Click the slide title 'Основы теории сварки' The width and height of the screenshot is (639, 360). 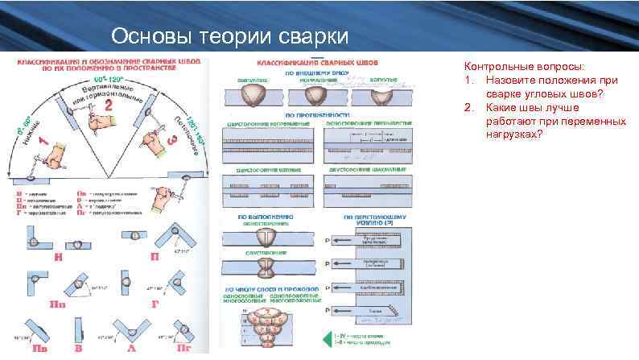[x=229, y=37]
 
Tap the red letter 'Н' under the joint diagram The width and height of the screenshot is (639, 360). [x=59, y=258]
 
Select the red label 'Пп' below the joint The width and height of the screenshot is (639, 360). [x=59, y=306]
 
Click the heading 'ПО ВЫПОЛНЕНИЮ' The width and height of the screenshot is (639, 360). [x=269, y=217]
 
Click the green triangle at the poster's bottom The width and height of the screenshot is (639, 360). [x=327, y=340]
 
